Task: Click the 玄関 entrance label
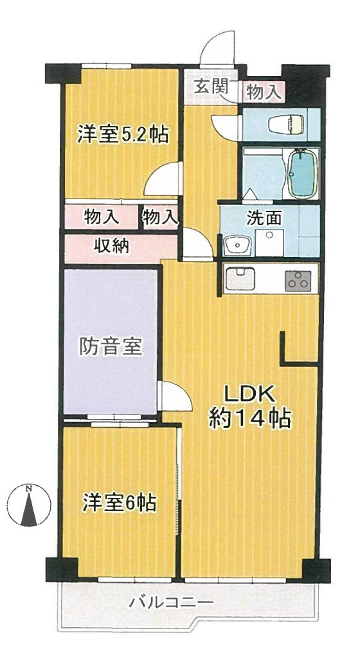point(211,87)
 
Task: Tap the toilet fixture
point(285,124)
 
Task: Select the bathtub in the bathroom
point(302,173)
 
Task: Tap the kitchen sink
point(240,278)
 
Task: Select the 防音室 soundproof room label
point(111,346)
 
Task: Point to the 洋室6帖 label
point(119,502)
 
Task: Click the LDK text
point(249,395)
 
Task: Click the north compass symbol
point(29,505)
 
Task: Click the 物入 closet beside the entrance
point(263,92)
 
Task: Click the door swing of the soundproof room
point(175,396)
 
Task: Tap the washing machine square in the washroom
point(269,242)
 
